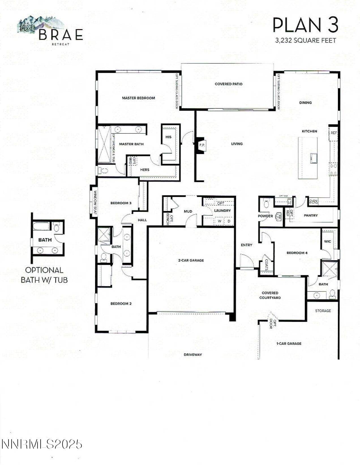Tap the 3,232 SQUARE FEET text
click(x=306, y=40)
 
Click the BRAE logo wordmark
click(x=61, y=35)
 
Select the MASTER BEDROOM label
click(x=138, y=98)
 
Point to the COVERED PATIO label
click(x=228, y=84)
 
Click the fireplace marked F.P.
click(x=202, y=145)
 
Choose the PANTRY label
click(x=311, y=216)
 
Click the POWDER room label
click(x=265, y=216)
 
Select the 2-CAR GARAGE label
click(x=191, y=260)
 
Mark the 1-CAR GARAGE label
click(x=289, y=344)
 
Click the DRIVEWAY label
click(x=193, y=355)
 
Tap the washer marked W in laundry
click(x=220, y=221)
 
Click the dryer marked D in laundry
click(x=229, y=221)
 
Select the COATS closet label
click(x=267, y=265)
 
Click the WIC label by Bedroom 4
click(x=327, y=242)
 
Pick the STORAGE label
click(x=323, y=311)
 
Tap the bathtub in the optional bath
click(x=41, y=226)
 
